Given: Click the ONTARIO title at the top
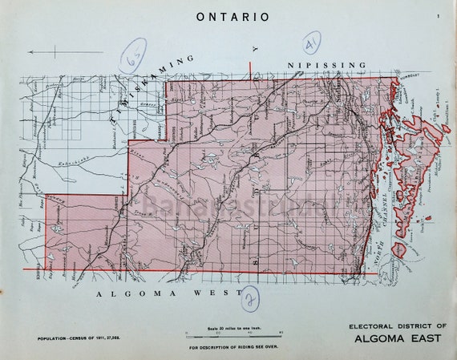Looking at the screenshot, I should coord(233,16).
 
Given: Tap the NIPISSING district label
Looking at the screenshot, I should coord(326,65).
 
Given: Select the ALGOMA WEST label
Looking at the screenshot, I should coord(168,294).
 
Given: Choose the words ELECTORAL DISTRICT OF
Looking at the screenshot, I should coord(397,326).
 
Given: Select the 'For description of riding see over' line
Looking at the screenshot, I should coord(233,348).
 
